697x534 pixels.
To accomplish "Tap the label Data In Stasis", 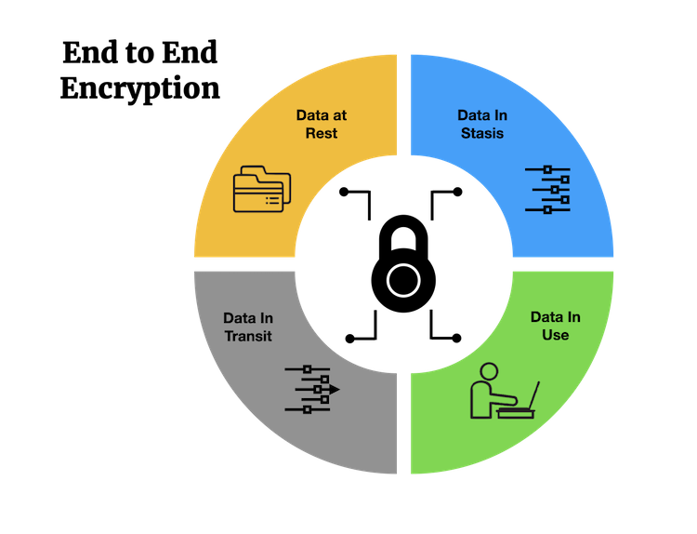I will [x=481, y=124].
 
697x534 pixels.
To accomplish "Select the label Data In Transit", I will [x=248, y=327].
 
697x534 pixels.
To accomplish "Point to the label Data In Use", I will [x=555, y=326].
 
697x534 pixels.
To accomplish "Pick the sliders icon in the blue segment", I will [x=547, y=190].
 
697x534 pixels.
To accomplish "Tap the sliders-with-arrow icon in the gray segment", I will [x=312, y=389].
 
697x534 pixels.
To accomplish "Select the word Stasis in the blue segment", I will [x=481, y=133].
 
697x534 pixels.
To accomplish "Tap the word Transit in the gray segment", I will [x=248, y=335].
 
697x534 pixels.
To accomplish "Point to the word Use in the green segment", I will [x=555, y=335].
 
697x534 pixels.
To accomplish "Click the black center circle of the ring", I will [x=403, y=266].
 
